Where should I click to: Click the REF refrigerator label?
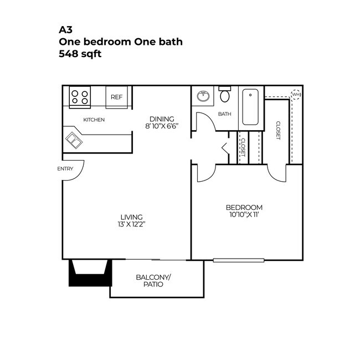pyautogui.click(x=116, y=97)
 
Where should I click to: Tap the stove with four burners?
pyautogui.click(x=80, y=97)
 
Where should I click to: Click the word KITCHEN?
pyautogui.click(x=94, y=120)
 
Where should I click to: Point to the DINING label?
pyautogui.click(x=162, y=119)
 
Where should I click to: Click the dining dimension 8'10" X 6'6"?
pyautogui.click(x=162, y=126)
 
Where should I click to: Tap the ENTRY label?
pyautogui.click(x=65, y=169)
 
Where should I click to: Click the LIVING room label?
pyautogui.click(x=132, y=217)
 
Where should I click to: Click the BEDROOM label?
pyautogui.click(x=244, y=207)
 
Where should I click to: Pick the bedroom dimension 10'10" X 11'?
pyautogui.click(x=244, y=214)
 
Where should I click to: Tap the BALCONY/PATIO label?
pyautogui.click(x=153, y=280)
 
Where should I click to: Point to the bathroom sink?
pyautogui.click(x=203, y=96)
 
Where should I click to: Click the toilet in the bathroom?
pyautogui.click(x=225, y=95)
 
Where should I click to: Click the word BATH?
pyautogui.click(x=224, y=115)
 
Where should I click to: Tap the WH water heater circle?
pyautogui.click(x=296, y=95)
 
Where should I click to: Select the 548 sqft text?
pyautogui.click(x=80, y=54)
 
